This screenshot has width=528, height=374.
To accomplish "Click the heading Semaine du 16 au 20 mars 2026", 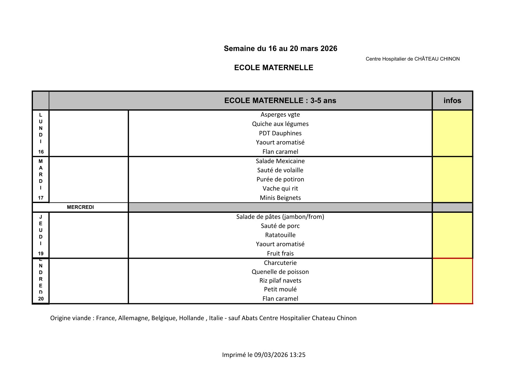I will tap(280, 48).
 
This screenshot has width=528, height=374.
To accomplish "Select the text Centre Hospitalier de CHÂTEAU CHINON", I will tap(412, 59).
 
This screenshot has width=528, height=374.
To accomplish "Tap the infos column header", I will tap(452, 101).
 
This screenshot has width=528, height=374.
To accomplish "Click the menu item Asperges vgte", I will tap(280, 115).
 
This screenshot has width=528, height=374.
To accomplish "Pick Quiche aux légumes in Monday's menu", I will tap(280, 124).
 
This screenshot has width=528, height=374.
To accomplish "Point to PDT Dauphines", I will tap(280, 133).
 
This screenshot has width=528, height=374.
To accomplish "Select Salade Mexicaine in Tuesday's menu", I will tap(280, 161).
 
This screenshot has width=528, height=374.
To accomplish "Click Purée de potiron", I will tap(280, 179).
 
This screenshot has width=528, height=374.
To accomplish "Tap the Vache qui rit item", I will tap(280, 188).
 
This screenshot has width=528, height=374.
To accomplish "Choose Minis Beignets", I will tap(280, 198).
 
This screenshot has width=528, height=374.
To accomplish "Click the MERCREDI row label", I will tap(80, 207).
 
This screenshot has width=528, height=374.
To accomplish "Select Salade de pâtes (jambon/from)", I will tap(280, 217).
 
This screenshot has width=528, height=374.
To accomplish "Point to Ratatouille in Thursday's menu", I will tap(280, 235).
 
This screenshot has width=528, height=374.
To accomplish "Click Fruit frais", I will tap(280, 253).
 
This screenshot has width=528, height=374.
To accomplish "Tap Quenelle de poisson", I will tap(280, 272).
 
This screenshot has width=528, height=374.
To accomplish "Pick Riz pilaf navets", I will tap(280, 280).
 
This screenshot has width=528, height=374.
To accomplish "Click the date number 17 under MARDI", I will tap(41, 198).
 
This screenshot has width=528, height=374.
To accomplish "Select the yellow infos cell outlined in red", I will tap(452, 281).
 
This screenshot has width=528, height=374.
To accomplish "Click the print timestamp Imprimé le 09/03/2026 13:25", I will tap(264, 355).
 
